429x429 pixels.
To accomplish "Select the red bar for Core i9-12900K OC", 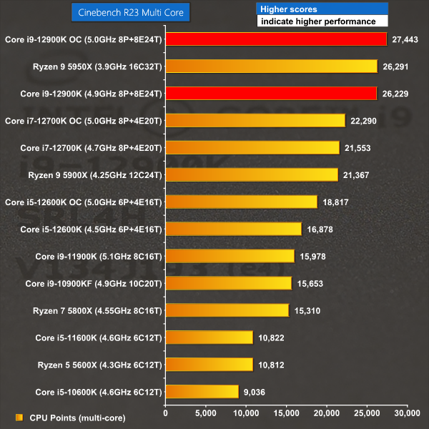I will [276, 39].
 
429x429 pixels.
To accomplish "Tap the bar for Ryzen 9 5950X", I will [271, 66].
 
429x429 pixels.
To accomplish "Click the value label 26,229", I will [398, 94].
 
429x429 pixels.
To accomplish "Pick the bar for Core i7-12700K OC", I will [255, 120].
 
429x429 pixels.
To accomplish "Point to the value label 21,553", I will [360, 148].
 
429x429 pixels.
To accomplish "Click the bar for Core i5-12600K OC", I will [241, 202].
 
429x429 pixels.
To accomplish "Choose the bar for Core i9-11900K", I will [230, 256].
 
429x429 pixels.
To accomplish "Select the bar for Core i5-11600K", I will [209, 337].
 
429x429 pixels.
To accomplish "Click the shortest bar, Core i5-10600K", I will [202, 391].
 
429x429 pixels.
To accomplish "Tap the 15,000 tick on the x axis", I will [286, 413].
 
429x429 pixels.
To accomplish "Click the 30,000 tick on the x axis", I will [407, 413].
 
